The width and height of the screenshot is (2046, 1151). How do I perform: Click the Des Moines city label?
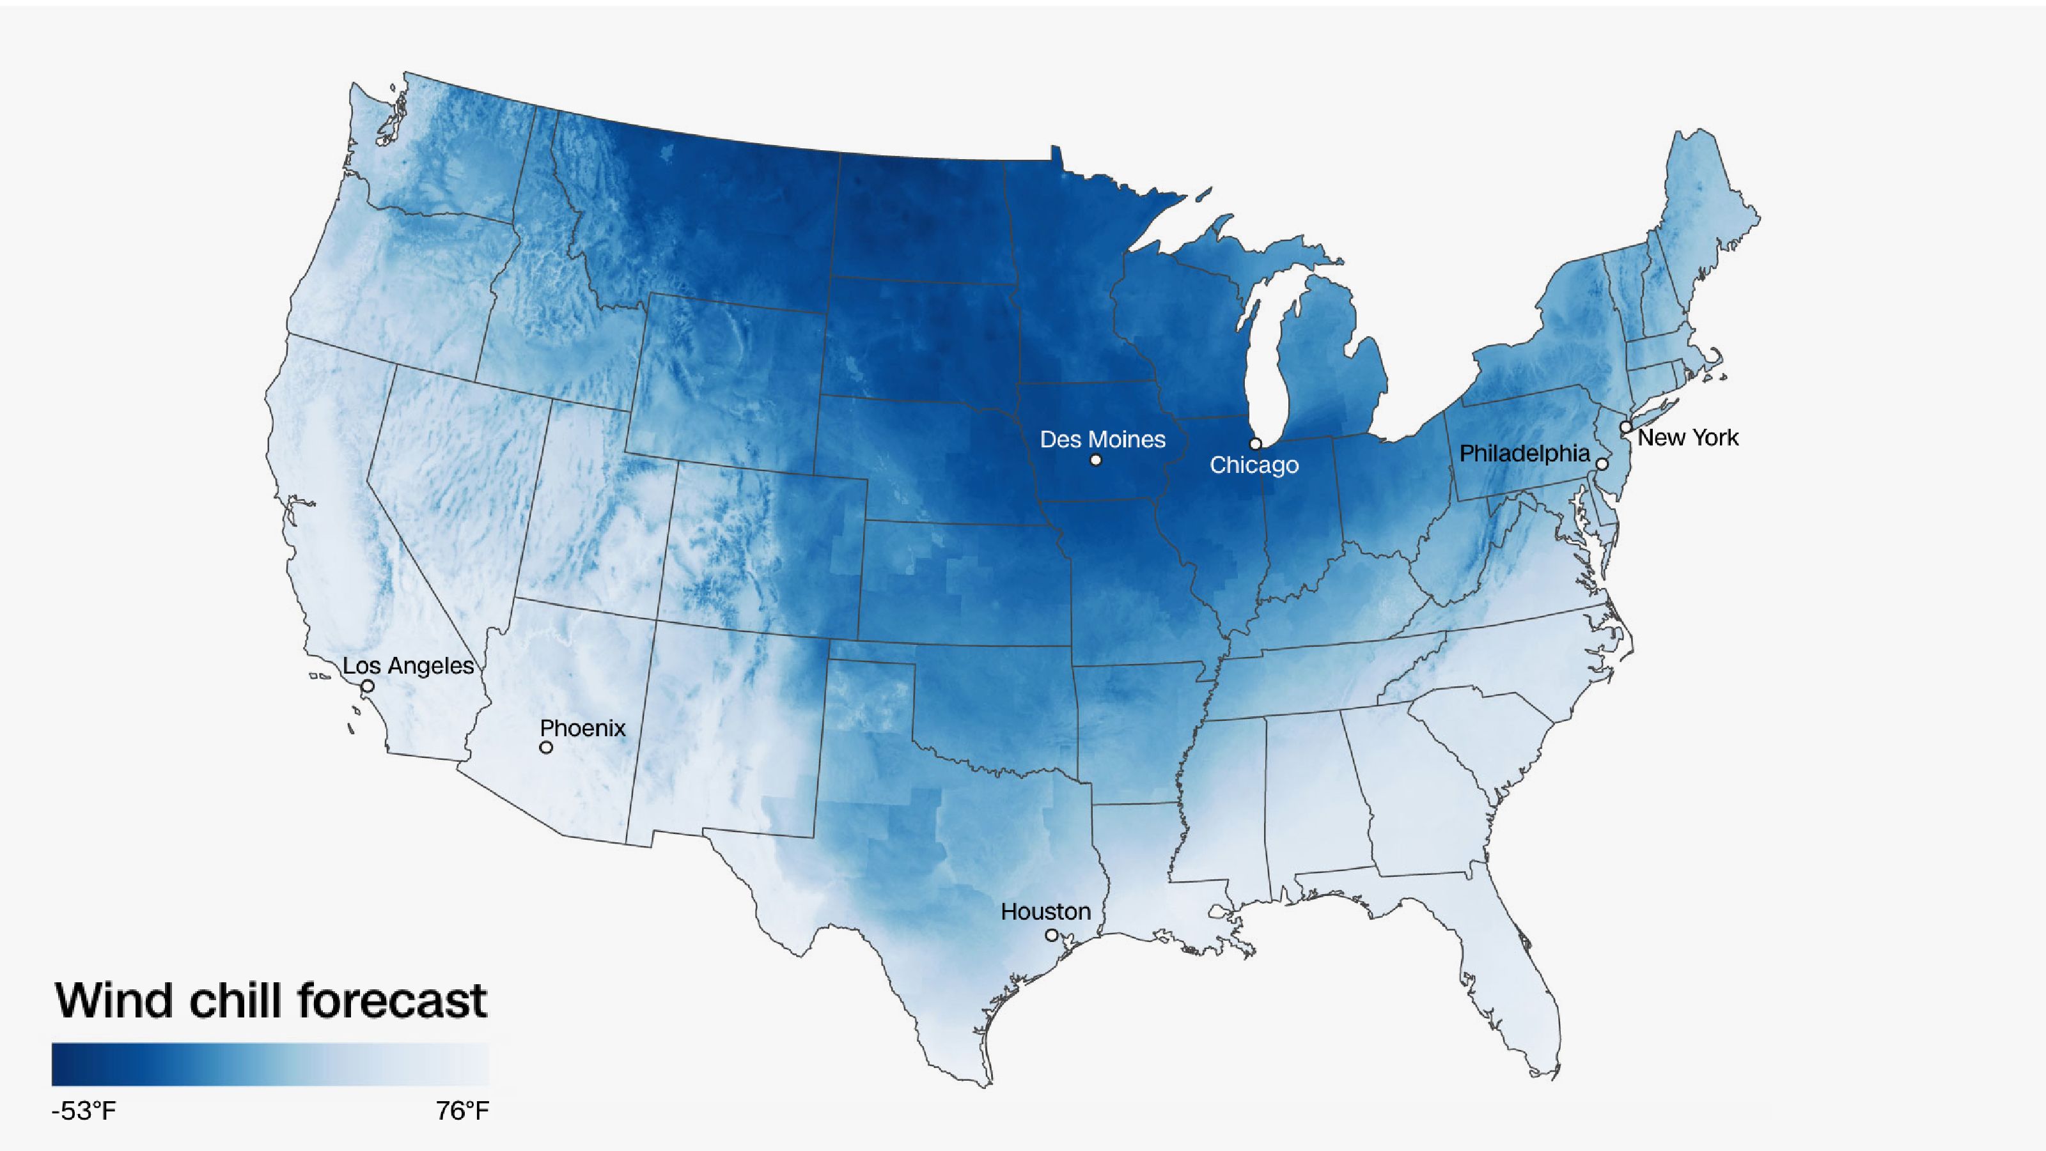tap(1102, 440)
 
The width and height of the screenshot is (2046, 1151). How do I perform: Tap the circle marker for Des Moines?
tap(1096, 460)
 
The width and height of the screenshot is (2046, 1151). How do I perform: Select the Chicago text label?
tap(1254, 465)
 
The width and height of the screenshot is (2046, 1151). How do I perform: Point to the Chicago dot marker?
tap(1256, 444)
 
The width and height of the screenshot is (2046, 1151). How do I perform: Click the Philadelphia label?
tap(1524, 453)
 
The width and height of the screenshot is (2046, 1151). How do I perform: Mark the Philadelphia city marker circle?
tap(1603, 463)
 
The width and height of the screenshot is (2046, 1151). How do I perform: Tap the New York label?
tap(1688, 437)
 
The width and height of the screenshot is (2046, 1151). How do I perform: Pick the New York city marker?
tap(1626, 427)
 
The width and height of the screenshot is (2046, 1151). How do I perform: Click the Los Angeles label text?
tap(409, 666)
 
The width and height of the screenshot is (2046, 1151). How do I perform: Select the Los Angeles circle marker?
tap(368, 686)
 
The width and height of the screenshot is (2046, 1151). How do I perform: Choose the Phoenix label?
tap(582, 728)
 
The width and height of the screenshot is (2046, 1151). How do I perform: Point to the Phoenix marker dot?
tap(545, 748)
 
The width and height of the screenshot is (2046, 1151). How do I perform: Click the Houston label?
tap(1045, 912)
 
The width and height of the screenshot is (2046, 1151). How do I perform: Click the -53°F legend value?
tap(83, 1111)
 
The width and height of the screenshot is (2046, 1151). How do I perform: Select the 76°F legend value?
tap(462, 1111)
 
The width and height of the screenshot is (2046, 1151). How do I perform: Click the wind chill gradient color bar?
tap(270, 1063)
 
